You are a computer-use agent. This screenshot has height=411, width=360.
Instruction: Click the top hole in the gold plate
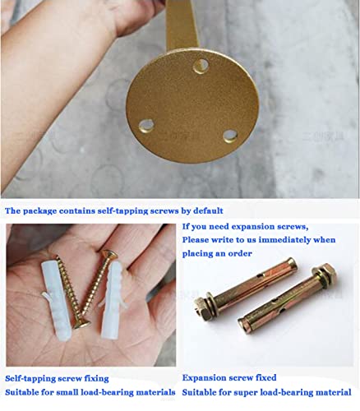(x=201, y=66)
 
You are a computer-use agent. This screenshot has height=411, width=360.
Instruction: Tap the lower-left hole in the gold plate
(x=145, y=126)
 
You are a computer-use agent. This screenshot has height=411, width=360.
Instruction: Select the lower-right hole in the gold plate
(x=230, y=136)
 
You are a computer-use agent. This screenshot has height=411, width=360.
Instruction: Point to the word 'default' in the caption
(x=208, y=210)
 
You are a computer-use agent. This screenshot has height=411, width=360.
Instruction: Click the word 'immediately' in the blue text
(x=284, y=240)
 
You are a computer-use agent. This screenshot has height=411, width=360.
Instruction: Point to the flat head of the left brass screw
(x=81, y=325)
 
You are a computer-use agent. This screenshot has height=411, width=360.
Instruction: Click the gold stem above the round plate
(x=182, y=25)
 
